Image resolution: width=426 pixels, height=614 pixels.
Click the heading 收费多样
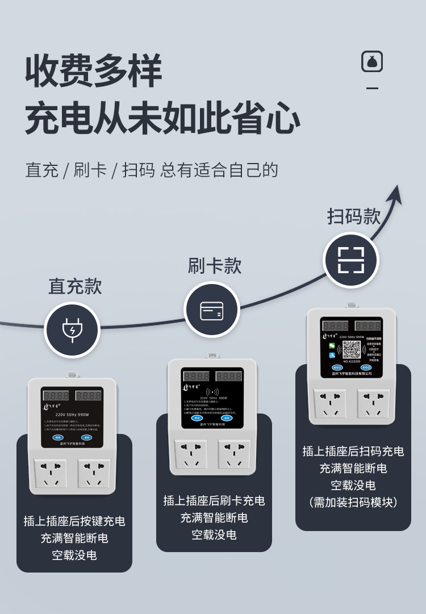(x=94, y=72)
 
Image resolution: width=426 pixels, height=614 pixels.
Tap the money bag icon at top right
(x=372, y=61)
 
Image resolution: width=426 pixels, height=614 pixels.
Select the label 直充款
(x=75, y=286)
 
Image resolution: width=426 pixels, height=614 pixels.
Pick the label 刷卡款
(x=215, y=266)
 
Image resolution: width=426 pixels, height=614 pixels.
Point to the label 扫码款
(x=354, y=216)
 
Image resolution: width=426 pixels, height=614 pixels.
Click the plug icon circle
(x=72, y=330)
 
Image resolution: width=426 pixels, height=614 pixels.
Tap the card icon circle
(x=212, y=310)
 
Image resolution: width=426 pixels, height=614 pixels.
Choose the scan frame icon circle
(x=351, y=260)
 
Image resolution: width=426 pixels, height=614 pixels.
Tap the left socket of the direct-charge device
(x=51, y=473)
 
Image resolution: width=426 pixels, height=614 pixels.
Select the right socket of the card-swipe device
(x=234, y=453)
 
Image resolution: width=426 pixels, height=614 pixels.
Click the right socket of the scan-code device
(x=373, y=403)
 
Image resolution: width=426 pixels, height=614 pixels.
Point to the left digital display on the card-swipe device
(x=196, y=377)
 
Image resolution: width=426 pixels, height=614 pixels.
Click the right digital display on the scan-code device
(x=368, y=326)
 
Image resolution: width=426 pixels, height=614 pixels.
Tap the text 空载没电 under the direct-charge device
(x=74, y=555)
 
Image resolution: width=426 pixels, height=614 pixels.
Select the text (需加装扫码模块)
(x=353, y=502)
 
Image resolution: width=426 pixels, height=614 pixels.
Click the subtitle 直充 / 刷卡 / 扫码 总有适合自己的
(x=152, y=170)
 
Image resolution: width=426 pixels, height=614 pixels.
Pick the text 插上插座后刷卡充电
(x=214, y=500)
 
